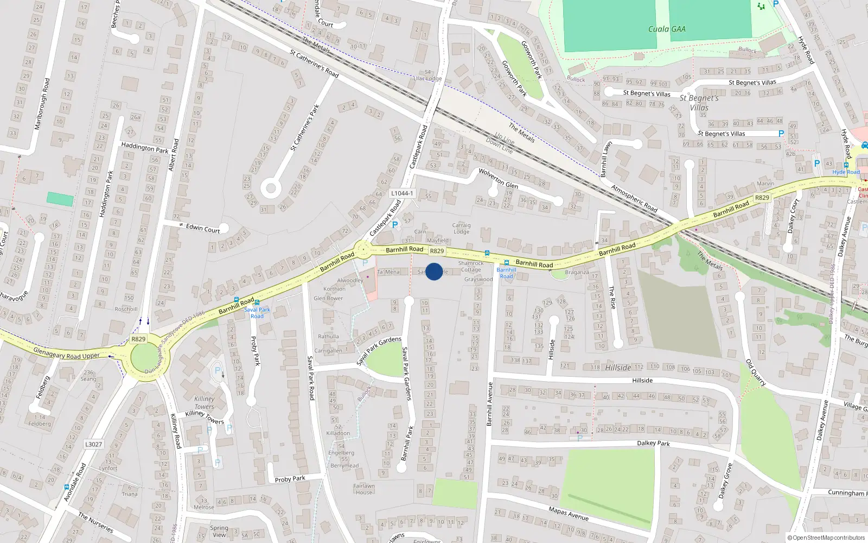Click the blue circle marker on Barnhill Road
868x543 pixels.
434,271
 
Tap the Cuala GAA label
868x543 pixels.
667,29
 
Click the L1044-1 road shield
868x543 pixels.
402,193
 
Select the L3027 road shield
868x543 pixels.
93,444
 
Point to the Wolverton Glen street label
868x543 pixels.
498,179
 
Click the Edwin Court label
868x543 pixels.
203,229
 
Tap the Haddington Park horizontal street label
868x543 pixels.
145,148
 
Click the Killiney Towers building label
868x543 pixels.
204,402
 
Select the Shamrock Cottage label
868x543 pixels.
471,266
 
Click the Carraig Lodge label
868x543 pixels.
462,228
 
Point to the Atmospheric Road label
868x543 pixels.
634,199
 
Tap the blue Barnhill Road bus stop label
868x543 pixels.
506,273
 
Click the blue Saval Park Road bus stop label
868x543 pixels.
257,313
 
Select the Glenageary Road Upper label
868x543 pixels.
66,353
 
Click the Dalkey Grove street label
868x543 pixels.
726,481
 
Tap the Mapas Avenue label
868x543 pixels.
569,513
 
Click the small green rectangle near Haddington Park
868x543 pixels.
60,199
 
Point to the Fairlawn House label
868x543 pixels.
364,489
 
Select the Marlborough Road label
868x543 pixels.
42,104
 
